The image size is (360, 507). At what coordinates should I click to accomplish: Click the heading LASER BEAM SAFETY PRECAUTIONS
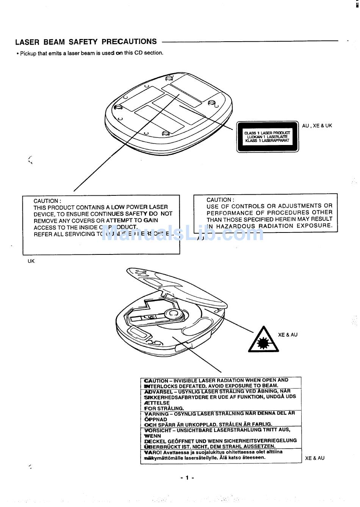[x=86, y=42]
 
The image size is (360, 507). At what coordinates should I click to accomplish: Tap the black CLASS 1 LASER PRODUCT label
[x=267, y=137]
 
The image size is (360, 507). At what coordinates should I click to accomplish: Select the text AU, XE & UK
[x=317, y=126]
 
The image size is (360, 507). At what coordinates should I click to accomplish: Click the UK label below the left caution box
[x=31, y=261]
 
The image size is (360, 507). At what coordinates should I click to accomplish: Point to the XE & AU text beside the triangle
[x=288, y=335]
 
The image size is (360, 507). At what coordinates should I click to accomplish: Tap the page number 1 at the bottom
[x=187, y=478]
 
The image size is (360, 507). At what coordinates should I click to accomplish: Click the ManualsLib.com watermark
[x=182, y=232]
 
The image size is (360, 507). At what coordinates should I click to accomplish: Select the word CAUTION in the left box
[x=46, y=201]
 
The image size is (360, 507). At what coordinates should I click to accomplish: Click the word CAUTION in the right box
[x=219, y=200]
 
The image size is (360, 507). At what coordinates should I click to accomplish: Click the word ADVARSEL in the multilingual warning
[x=157, y=392]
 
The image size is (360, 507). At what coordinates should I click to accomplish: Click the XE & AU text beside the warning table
[x=315, y=458]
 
